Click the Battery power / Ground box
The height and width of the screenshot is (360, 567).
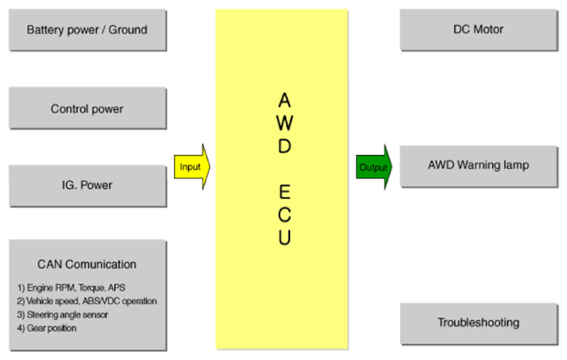[x=88, y=30]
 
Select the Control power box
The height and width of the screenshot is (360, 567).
[x=88, y=108]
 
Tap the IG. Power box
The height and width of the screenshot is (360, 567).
[x=88, y=186]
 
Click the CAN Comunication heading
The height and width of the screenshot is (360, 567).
[x=87, y=264]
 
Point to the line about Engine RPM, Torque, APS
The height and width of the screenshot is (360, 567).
[x=71, y=287]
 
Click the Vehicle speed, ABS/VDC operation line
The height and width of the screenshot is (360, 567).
[x=87, y=301]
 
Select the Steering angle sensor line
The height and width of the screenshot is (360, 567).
[x=63, y=314]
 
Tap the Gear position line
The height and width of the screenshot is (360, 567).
[x=47, y=327]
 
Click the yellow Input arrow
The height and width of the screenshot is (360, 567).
[x=192, y=167]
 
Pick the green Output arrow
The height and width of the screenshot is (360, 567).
[x=374, y=167]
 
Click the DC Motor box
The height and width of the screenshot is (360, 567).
[x=479, y=30]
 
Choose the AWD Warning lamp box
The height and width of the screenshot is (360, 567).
[x=479, y=167]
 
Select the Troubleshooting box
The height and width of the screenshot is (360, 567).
[x=479, y=324]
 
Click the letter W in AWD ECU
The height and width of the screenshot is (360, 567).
[x=284, y=122]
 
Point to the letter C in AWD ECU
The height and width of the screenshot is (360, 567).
[x=284, y=215]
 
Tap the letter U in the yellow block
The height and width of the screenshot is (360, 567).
[x=284, y=237]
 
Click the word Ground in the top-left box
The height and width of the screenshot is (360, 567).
[x=128, y=30]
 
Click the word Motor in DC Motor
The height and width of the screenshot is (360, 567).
[x=488, y=29]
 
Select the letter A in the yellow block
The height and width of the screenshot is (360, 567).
[x=284, y=100]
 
